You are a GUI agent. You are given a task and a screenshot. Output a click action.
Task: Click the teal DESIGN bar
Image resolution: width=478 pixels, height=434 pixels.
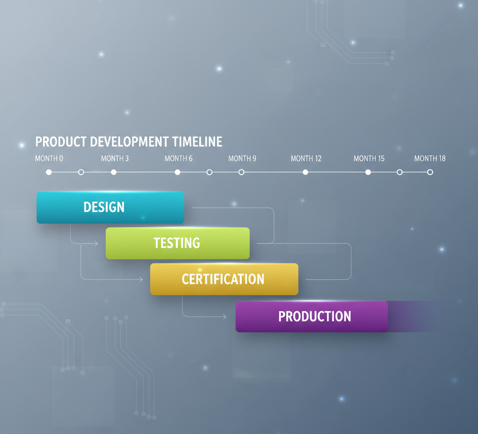pyautogui.click(x=110, y=207)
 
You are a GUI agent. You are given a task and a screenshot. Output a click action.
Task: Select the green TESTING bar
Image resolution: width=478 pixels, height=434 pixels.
pyautogui.click(x=177, y=243)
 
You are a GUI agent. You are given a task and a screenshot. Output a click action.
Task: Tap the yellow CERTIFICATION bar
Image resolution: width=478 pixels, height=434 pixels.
pyautogui.click(x=224, y=279)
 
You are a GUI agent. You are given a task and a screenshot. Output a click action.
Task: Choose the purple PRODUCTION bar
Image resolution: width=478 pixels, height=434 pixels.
pyautogui.click(x=311, y=316)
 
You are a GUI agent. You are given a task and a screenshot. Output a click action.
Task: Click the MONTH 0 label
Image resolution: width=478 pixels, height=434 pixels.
pyautogui.click(x=49, y=158)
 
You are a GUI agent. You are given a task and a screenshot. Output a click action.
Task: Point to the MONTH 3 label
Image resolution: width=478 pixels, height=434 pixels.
pyautogui.click(x=115, y=158)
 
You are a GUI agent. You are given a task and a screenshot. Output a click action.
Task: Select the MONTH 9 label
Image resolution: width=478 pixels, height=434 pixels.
pyautogui.click(x=242, y=158)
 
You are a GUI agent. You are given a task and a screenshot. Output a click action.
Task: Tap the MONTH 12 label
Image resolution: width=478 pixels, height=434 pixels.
pyautogui.click(x=306, y=158)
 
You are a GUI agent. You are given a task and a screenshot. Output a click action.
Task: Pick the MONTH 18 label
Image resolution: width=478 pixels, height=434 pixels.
pyautogui.click(x=430, y=158)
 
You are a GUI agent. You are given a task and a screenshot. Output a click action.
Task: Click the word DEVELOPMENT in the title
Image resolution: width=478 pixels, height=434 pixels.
pyautogui.click(x=130, y=142)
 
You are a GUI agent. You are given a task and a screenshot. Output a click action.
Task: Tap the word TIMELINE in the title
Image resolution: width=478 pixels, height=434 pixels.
pyautogui.click(x=197, y=142)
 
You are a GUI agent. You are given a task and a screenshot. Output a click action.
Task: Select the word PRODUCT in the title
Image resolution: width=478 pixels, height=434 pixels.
pyautogui.click(x=61, y=142)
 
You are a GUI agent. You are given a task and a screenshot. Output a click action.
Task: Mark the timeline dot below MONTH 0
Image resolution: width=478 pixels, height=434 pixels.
pyautogui.click(x=49, y=172)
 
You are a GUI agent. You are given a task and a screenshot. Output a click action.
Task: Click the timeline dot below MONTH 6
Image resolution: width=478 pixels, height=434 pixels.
pyautogui.click(x=177, y=172)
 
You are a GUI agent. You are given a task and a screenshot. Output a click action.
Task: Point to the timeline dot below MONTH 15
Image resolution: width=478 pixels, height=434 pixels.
pyautogui.click(x=368, y=172)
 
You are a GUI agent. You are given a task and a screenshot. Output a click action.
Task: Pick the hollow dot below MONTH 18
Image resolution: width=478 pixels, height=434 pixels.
pyautogui.click(x=430, y=172)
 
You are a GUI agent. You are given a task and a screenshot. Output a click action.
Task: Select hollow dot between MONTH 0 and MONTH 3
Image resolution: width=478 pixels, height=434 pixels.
pyautogui.click(x=81, y=172)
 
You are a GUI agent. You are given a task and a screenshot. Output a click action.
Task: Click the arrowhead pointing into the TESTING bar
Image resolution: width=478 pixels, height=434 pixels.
pyautogui.click(x=96, y=243)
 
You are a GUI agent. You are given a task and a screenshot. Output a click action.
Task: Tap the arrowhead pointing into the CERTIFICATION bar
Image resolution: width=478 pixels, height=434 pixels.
pyautogui.click(x=141, y=280)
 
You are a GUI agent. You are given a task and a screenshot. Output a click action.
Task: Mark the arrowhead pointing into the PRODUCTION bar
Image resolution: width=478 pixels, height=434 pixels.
pyautogui.click(x=225, y=317)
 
